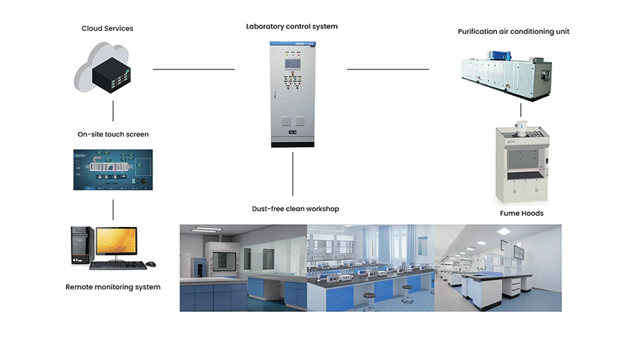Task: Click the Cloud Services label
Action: tap(108, 28)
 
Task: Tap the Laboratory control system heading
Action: tap(292, 26)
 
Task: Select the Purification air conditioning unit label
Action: tap(514, 32)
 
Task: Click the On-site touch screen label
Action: tap(113, 134)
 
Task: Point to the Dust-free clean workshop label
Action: tap(295, 209)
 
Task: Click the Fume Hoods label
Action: tap(522, 213)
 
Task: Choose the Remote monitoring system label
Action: tap(113, 287)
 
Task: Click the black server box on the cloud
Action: tap(111, 75)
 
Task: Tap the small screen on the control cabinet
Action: tap(292, 64)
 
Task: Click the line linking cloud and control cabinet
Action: tap(194, 69)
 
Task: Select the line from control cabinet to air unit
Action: tap(388, 69)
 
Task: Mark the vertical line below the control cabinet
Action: tap(292, 174)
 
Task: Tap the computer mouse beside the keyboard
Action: tap(151, 265)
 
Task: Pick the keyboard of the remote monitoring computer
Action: tap(117, 265)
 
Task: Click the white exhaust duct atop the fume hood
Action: tap(521, 128)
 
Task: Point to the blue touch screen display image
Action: tap(113, 170)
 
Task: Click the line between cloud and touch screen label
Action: tap(113, 111)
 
